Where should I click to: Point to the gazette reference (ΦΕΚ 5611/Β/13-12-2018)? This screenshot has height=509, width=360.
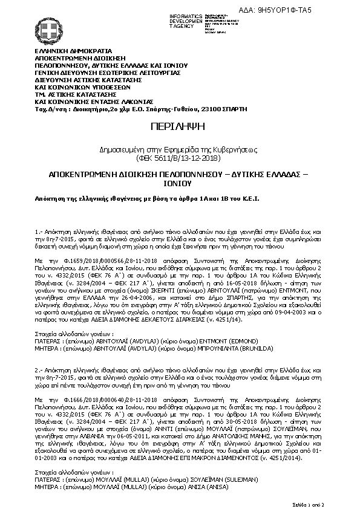pyautogui.click(x=180, y=158)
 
